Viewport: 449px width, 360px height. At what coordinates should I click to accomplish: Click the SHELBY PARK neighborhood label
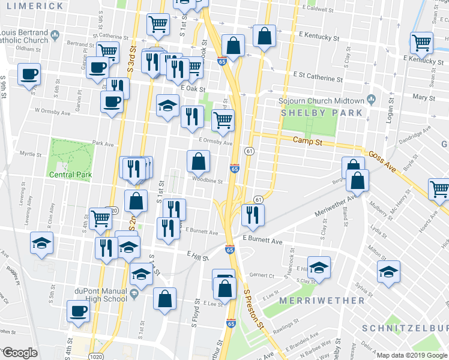coord(321,113)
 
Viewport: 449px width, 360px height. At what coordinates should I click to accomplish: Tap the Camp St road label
coord(308,140)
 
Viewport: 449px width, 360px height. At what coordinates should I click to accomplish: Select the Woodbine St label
coord(208,180)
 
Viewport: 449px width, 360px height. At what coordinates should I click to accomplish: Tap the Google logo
coord(19,353)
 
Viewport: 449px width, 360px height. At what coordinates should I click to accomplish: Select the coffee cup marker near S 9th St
coord(29,75)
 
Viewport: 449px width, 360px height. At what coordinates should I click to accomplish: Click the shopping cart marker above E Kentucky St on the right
coord(422,42)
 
